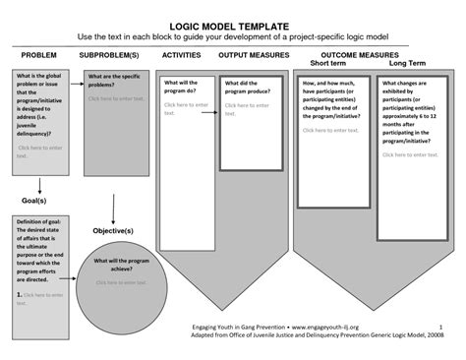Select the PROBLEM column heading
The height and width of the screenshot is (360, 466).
pos(39,56)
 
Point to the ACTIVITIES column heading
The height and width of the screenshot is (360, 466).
pos(181,56)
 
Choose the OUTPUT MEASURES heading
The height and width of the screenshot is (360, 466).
pos(254,56)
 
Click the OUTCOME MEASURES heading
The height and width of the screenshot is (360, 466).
pos(359,56)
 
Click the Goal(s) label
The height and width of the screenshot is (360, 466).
pos(36,200)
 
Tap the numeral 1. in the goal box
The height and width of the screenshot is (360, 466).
pos(19,294)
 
